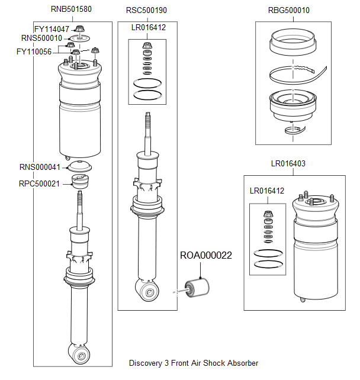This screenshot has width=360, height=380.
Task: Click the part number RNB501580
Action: (71, 10)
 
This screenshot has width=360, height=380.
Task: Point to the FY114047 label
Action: (52, 29)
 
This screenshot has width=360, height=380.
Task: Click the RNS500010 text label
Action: (41, 38)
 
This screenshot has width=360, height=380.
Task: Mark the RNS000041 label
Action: (40, 168)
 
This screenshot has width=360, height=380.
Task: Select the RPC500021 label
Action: (39, 183)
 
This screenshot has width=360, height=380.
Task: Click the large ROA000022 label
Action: (206, 256)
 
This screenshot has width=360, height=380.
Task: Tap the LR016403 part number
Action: (288, 163)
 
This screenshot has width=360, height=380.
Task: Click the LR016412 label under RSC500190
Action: (149, 27)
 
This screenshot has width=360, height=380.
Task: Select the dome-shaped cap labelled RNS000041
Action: (79, 167)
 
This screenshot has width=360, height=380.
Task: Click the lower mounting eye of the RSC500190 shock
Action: (149, 290)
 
